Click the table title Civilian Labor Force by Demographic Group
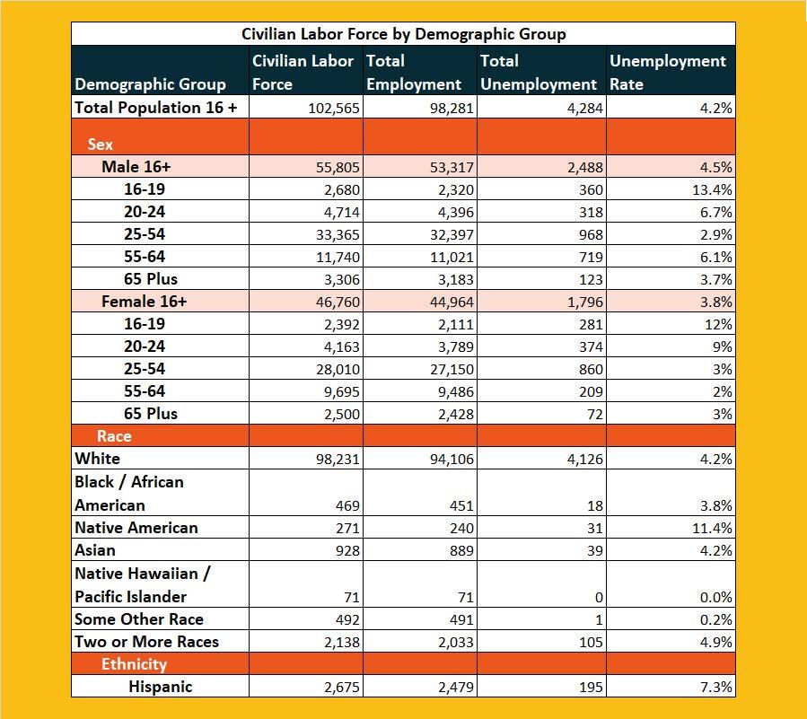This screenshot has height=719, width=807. pyautogui.click(x=403, y=34)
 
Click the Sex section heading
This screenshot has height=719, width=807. pyautogui.click(x=101, y=144)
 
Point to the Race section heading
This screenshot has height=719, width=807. pyautogui.click(x=113, y=436)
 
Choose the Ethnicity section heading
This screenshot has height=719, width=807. pyautogui.click(x=134, y=664)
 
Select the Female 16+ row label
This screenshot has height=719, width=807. pyautogui.click(x=144, y=302)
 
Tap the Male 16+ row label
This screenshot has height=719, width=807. pyautogui.click(x=136, y=167)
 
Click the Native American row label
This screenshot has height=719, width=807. pyautogui.click(x=136, y=528)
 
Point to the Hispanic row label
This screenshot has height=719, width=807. pyautogui.click(x=160, y=687)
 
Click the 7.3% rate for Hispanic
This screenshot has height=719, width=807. pyautogui.click(x=717, y=688)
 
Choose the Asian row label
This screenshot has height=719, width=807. pyautogui.click(x=95, y=550)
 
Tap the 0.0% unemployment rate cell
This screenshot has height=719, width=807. pyautogui.click(x=716, y=598)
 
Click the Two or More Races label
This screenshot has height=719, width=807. pyautogui.click(x=146, y=642)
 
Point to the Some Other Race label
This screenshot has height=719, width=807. pyautogui.click(x=138, y=619)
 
